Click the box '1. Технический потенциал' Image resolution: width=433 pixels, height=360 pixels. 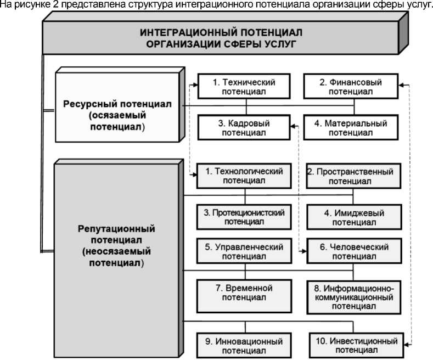coord(245,86)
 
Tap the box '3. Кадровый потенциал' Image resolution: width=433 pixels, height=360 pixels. coord(245,127)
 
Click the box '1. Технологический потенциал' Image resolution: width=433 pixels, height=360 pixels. coord(245,176)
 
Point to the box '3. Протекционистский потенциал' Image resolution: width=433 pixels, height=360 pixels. coord(245,217)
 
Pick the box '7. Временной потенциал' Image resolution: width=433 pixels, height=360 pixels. coord(245,292)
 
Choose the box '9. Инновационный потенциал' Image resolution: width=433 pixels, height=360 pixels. coord(245,345)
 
